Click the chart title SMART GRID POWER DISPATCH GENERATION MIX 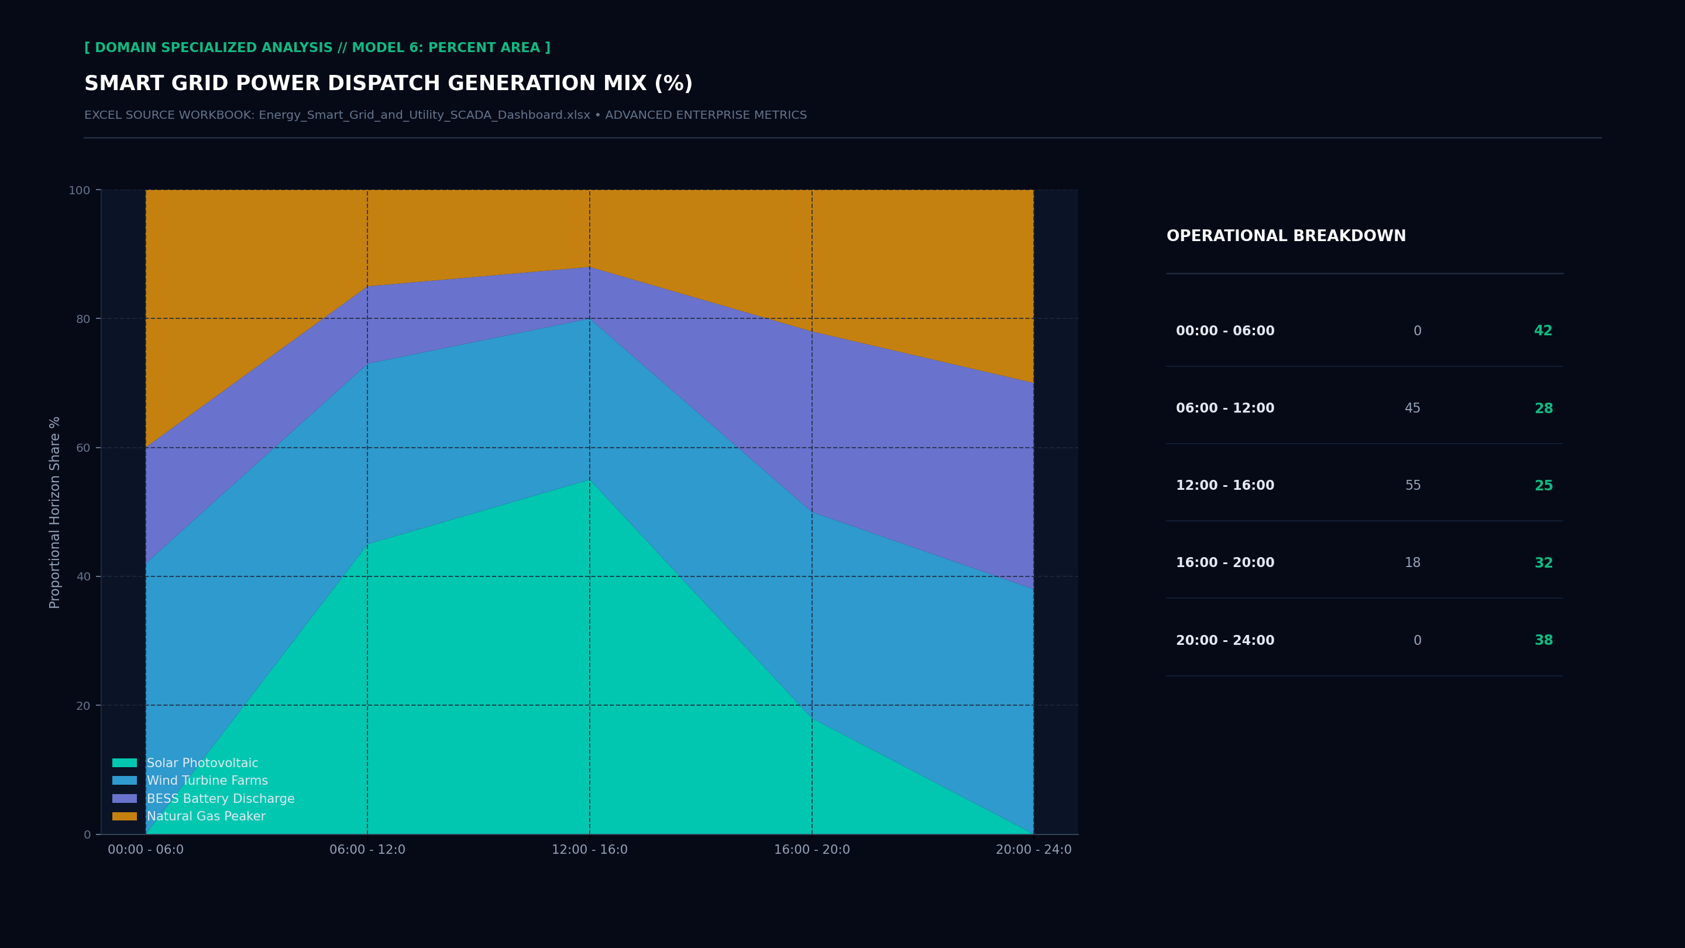click(388, 84)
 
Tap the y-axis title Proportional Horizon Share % click(55, 512)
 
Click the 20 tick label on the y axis click(83, 706)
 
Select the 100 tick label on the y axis click(79, 190)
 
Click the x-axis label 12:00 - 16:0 click(589, 850)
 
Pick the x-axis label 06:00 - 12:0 click(367, 850)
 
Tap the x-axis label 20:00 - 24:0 click(1033, 850)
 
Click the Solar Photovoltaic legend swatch click(124, 763)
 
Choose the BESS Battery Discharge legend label click(221, 799)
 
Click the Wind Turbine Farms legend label click(207, 781)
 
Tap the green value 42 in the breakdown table click(1543, 331)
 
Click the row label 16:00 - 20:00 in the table click(1225, 562)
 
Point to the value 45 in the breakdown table click(1413, 408)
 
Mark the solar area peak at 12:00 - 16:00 click(589, 480)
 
